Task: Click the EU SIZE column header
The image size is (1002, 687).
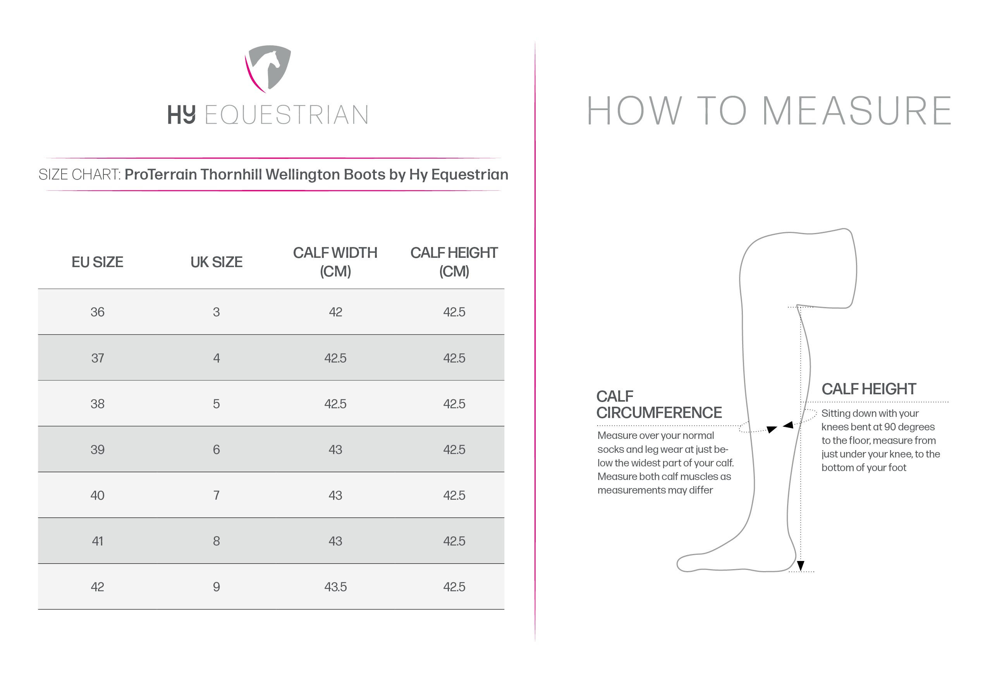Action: pyautogui.click(x=98, y=262)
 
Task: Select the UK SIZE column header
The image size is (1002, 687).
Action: pyautogui.click(x=217, y=262)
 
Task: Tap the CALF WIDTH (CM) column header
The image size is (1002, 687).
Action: pyautogui.click(x=335, y=262)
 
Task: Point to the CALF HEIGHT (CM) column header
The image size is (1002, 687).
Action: pyautogui.click(x=454, y=262)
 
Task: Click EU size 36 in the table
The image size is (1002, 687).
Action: pyautogui.click(x=98, y=312)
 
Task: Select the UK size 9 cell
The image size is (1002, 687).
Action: pyautogui.click(x=217, y=587)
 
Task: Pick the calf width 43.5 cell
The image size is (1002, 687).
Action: pyautogui.click(x=335, y=587)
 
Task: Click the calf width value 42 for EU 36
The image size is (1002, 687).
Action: pyautogui.click(x=335, y=312)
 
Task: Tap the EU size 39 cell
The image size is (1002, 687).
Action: pyautogui.click(x=98, y=450)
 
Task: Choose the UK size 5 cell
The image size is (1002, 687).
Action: pyautogui.click(x=217, y=404)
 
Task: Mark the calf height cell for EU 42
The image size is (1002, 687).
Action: pyautogui.click(x=454, y=587)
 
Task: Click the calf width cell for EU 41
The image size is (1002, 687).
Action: pyautogui.click(x=335, y=541)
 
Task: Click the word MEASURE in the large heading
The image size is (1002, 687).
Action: pyautogui.click(x=857, y=111)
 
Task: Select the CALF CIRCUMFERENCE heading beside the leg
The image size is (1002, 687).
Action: pyautogui.click(x=659, y=404)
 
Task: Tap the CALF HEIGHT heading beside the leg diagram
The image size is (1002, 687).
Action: pyautogui.click(x=868, y=389)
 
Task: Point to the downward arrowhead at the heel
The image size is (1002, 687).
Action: pyautogui.click(x=801, y=566)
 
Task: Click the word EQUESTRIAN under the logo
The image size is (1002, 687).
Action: pyautogui.click(x=286, y=115)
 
